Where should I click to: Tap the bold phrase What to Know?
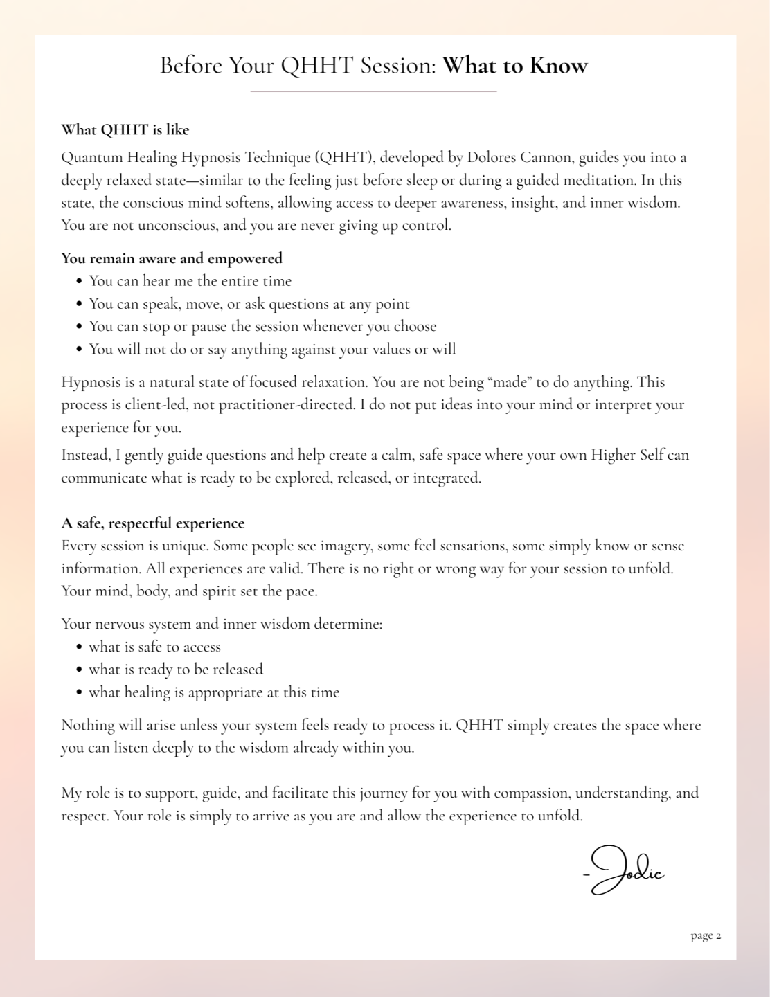[x=515, y=66]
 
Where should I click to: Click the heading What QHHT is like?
[x=125, y=130]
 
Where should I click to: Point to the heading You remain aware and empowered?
[x=172, y=259]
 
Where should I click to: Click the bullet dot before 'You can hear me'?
[x=80, y=282]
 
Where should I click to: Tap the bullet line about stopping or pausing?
[x=262, y=327]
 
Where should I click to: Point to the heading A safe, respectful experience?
[x=153, y=523]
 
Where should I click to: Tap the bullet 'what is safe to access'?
[x=154, y=647]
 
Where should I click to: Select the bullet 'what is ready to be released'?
[x=176, y=670]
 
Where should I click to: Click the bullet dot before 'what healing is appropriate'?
[x=80, y=693]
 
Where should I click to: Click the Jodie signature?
[x=625, y=870]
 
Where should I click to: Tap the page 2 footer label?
[x=706, y=936]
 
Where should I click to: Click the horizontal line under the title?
[x=373, y=91]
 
